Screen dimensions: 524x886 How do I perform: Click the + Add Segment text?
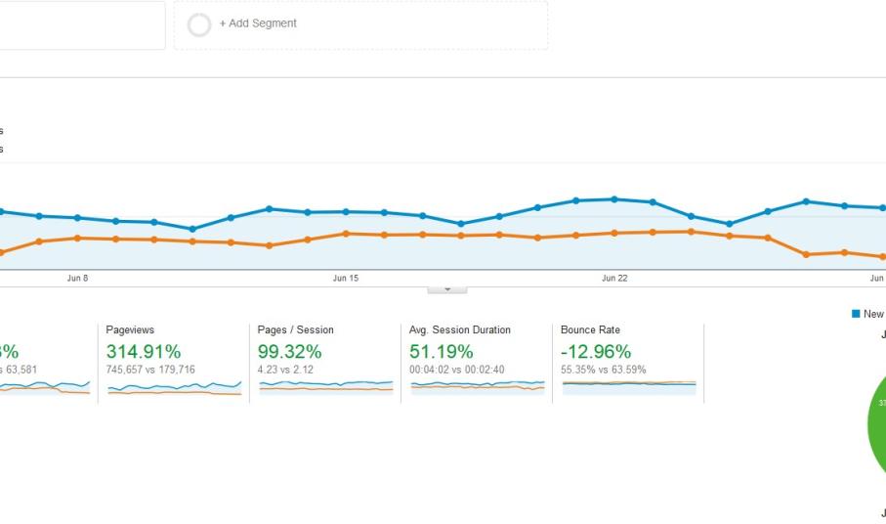[258, 23]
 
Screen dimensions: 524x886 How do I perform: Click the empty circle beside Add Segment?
[199, 24]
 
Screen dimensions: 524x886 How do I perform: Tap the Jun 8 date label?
[77, 279]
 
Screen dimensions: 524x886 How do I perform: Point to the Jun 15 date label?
[346, 279]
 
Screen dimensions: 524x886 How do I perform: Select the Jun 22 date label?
[614, 279]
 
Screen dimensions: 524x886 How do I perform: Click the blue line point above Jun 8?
[77, 217]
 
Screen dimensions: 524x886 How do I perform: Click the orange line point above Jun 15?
[346, 234]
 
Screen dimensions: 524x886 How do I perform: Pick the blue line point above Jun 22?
[614, 199]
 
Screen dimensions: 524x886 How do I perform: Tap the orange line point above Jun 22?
[614, 233]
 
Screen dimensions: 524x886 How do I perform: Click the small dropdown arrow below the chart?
[447, 289]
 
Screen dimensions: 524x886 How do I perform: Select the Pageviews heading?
[130, 330]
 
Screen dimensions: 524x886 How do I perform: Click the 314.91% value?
[144, 352]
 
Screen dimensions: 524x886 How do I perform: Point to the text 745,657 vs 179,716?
[150, 370]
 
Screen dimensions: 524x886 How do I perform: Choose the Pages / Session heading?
[295, 330]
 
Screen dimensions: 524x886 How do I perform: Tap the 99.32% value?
[290, 352]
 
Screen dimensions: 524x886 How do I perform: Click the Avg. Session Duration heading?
[459, 330]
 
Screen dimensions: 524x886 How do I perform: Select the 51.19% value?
[442, 352]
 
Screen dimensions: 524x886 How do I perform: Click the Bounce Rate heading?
[590, 330]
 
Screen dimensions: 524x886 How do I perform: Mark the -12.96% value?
[596, 352]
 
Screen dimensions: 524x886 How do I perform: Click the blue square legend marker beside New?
[856, 314]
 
